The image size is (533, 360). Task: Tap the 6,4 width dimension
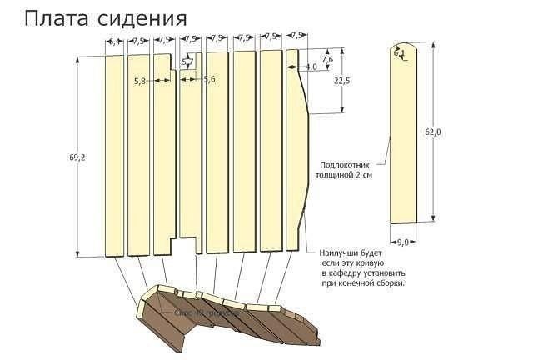[x=113, y=40]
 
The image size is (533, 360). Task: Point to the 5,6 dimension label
[x=209, y=79]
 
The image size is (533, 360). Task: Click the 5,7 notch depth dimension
[x=188, y=60]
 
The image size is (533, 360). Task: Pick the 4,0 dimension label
[x=311, y=67]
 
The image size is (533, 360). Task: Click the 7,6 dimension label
[x=326, y=60]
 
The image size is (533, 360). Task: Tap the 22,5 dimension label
[x=341, y=81]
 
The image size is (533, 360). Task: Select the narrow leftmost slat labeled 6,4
[x=113, y=154]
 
